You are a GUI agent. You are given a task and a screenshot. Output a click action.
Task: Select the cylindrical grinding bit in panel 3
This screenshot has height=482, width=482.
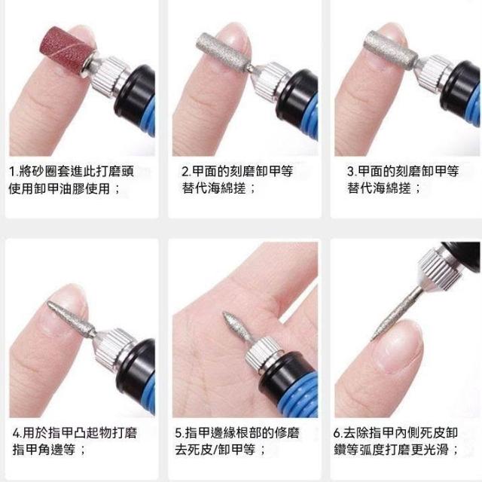click(x=391, y=47)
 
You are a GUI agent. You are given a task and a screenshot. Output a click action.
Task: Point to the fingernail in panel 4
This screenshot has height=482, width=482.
click(x=66, y=310)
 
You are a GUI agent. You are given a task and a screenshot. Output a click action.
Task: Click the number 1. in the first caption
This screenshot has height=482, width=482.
click(x=14, y=172)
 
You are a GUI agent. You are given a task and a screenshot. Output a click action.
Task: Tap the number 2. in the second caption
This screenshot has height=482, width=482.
click(x=186, y=172)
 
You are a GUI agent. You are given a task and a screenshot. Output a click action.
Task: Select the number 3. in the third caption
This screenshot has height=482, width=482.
click(x=352, y=172)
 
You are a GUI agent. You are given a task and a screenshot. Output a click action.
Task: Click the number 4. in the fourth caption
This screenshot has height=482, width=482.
click(x=17, y=434)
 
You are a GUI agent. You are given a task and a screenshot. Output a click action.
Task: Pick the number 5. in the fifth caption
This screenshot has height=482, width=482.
click(x=179, y=434)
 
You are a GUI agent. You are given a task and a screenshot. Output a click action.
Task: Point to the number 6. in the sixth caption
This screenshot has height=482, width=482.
click(x=338, y=434)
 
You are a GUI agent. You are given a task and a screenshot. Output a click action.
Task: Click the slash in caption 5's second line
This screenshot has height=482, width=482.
click(x=215, y=450)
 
